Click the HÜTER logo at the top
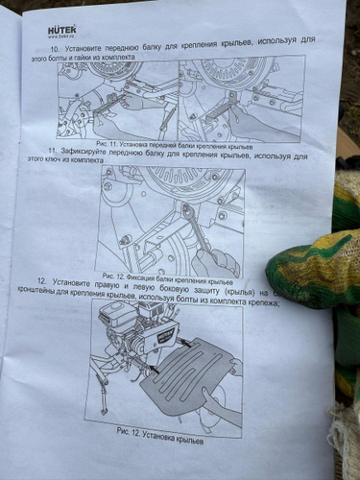point(65,30)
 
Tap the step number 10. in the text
point(56,48)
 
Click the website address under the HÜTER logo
point(64,38)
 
